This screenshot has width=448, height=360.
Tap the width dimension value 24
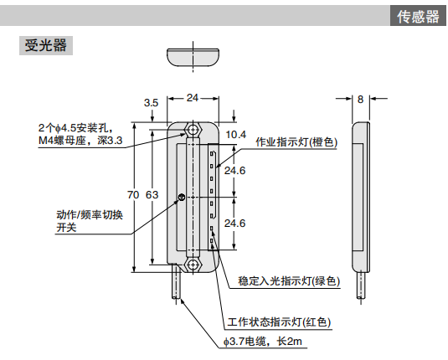(193, 98)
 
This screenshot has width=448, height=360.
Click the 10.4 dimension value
(237, 134)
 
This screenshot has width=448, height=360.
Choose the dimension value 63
(152, 195)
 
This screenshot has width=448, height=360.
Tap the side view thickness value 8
(360, 99)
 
